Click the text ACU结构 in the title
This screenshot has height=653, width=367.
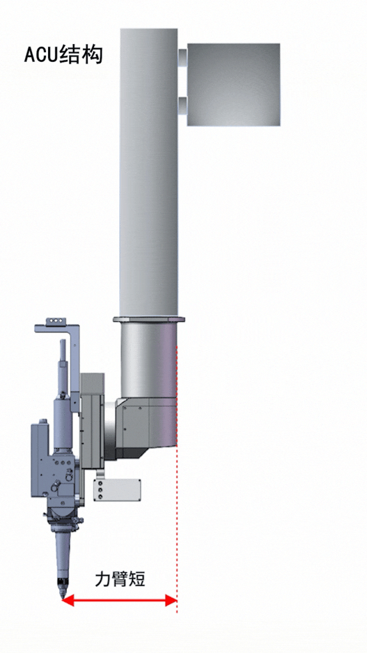[63, 55]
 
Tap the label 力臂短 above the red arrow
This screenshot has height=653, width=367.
[120, 578]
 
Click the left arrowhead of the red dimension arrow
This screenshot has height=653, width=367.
[68, 600]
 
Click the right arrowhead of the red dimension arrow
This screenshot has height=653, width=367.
[171, 600]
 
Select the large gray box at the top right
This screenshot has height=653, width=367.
[233, 84]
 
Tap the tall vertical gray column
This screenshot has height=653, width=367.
[149, 172]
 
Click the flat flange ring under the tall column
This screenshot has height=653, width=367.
[149, 320]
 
